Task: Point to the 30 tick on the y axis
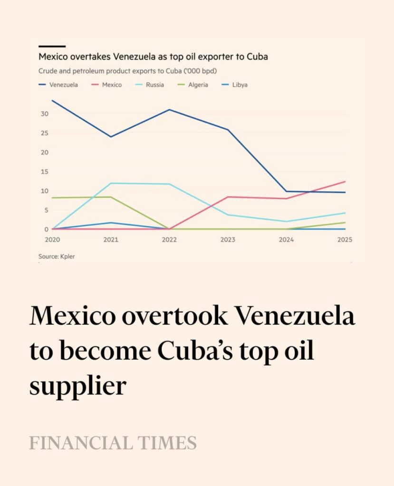coord(44,114)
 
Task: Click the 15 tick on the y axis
coord(44,172)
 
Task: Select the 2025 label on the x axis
coord(345,240)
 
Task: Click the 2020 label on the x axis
coord(52,240)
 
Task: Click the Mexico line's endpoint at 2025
coord(345,181)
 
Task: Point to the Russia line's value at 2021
coord(111,183)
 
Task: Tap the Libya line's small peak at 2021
coord(111,223)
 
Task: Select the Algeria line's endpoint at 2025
coord(345,222)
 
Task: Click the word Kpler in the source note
coord(67,257)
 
